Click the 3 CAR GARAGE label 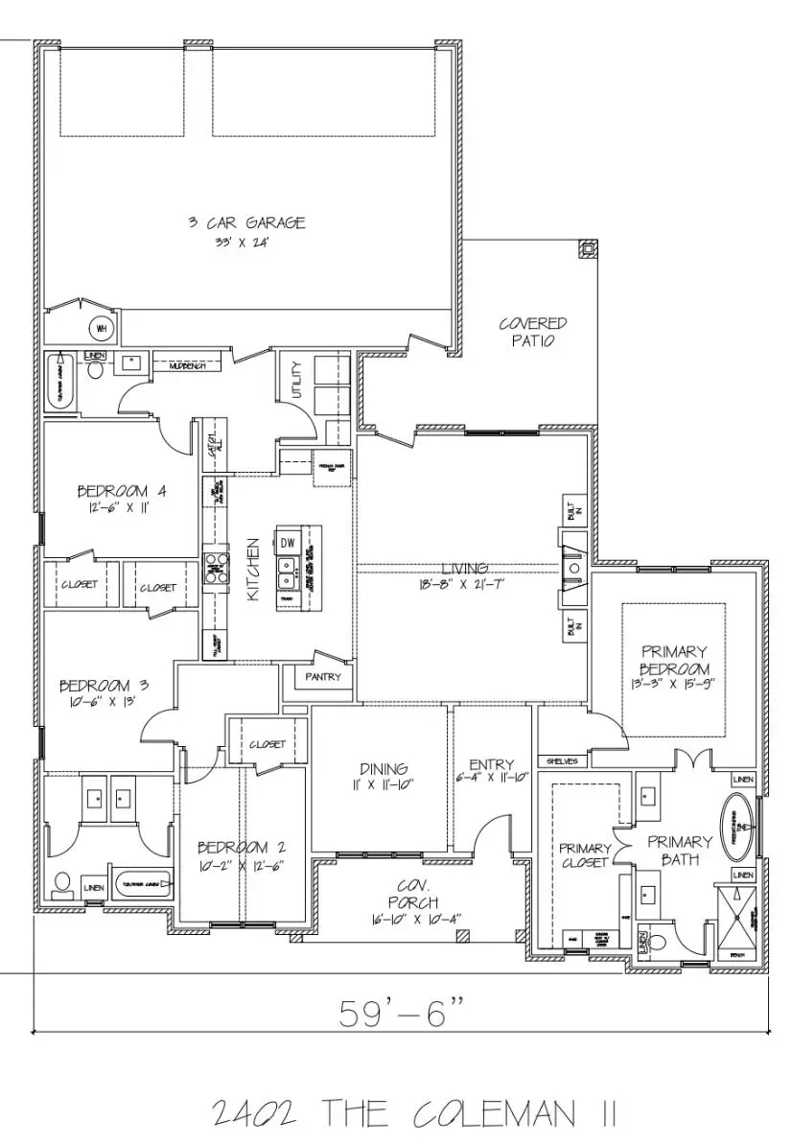click(246, 222)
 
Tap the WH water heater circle click(102, 328)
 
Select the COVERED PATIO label click(533, 332)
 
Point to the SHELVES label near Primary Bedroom click(562, 761)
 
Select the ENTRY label click(492, 764)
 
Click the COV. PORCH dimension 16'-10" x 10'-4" click(414, 919)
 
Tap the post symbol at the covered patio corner click(587, 249)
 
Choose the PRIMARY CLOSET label click(585, 855)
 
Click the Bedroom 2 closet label click(267, 744)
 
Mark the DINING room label click(384, 768)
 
